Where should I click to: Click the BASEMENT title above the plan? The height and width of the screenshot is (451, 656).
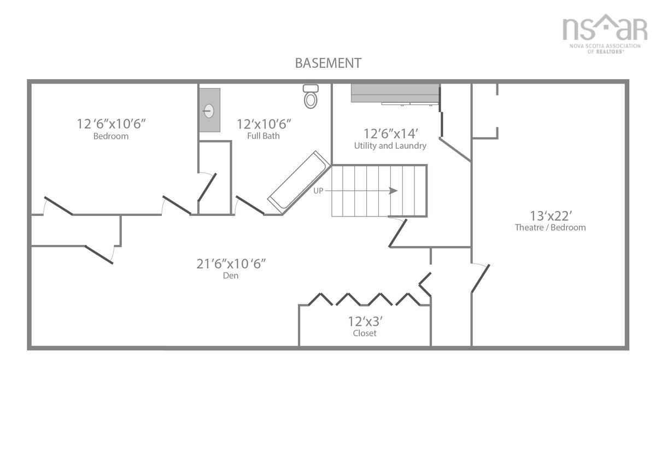pos(328,63)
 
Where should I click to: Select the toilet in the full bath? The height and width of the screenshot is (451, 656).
pos(311,97)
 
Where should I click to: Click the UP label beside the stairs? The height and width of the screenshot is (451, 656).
pos(319,191)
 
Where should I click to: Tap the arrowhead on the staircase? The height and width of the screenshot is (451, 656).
pos(393,191)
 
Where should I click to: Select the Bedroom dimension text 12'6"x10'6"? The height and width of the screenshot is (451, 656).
pos(111,124)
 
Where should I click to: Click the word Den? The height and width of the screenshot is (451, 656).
pos(231,276)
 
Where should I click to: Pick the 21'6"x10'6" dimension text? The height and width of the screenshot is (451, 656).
pos(231,263)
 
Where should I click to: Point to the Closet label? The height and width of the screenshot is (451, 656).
pos(365,333)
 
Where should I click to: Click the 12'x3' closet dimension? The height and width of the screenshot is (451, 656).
pos(365,321)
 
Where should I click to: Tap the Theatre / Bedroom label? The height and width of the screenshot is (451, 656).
pos(550,227)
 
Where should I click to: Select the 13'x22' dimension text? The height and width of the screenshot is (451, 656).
pos(550,215)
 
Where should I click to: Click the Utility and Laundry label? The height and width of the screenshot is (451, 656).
pos(390,146)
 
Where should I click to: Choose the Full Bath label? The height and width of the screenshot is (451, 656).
pos(263,136)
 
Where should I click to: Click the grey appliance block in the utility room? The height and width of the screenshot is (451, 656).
pos(395,93)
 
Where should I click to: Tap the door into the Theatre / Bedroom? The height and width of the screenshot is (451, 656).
pos(480,278)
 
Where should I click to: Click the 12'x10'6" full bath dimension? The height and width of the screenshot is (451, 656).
pos(263,124)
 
